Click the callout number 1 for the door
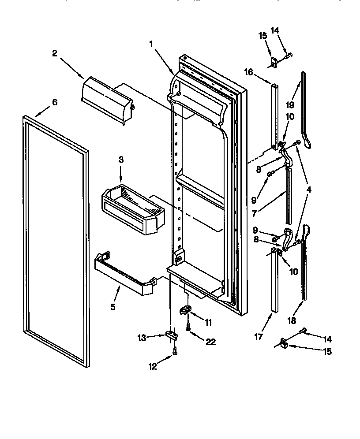[151, 44]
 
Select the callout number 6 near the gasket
[54, 102]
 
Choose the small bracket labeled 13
[172, 336]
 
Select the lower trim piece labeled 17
[274, 282]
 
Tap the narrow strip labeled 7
[289, 194]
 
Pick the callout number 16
[248, 71]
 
